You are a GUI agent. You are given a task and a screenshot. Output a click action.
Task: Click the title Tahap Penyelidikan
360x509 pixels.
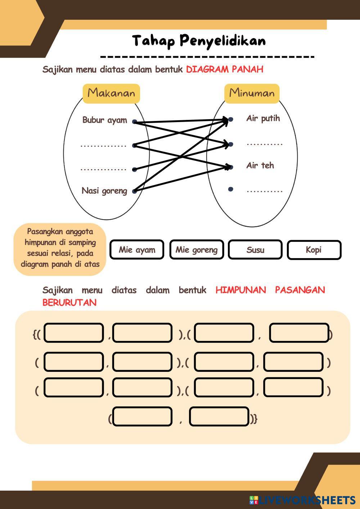tap(199, 41)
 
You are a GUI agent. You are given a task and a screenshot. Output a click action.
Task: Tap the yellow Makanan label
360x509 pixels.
tap(111, 93)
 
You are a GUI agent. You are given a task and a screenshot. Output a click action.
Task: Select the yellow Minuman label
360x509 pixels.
tap(252, 93)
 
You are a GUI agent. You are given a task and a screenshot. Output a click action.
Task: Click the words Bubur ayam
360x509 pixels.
tap(104, 120)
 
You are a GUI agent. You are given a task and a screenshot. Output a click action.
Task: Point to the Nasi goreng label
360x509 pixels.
tap(104, 190)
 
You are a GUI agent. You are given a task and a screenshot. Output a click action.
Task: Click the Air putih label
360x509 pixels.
tap(263, 118)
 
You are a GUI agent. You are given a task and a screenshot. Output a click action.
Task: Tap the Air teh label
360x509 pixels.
tap(260, 166)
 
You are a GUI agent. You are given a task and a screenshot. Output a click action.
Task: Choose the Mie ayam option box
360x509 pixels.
tap(137, 250)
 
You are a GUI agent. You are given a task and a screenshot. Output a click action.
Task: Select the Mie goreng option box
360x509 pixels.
tap(196, 250)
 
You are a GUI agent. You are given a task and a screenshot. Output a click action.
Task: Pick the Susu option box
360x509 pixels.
tap(255, 250)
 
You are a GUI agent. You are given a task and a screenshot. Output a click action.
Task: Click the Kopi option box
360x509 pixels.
tap(314, 250)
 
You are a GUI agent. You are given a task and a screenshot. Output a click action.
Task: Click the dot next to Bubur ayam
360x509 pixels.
tap(134, 122)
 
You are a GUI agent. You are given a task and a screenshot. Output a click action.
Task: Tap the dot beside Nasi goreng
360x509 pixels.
tap(134, 191)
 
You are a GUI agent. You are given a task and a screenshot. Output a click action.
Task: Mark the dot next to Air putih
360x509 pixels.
tap(231, 119)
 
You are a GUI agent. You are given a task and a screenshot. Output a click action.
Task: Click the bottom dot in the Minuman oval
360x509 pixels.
tap(231, 189)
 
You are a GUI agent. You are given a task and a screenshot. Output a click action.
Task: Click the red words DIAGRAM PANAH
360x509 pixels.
tap(224, 69)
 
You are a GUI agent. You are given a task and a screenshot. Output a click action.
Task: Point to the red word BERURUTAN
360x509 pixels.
tap(69, 302)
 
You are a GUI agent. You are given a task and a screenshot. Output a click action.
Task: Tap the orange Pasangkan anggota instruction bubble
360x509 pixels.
tap(60, 248)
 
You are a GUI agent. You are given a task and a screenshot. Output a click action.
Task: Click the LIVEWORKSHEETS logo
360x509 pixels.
tap(302, 500)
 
